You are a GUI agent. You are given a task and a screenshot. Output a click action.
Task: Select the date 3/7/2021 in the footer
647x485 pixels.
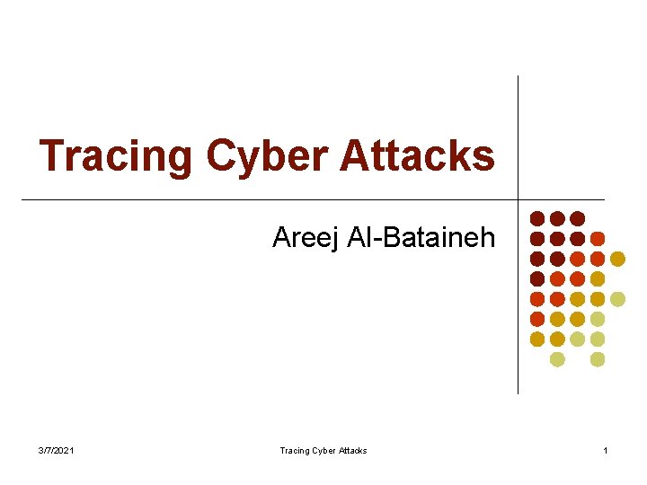(58, 450)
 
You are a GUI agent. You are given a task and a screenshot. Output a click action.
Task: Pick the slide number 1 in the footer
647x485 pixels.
(606, 450)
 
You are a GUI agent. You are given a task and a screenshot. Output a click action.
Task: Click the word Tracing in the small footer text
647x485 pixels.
(294, 450)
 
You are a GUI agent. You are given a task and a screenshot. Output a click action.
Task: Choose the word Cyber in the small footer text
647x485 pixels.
(322, 450)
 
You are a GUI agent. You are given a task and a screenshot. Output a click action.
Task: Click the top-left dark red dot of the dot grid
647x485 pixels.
(537, 218)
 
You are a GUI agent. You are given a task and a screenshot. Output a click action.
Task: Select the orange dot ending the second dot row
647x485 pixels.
(598, 239)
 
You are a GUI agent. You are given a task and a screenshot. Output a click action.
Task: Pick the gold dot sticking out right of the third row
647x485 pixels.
(617, 259)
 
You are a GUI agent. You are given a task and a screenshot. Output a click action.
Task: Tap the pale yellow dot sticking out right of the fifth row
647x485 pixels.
(617, 299)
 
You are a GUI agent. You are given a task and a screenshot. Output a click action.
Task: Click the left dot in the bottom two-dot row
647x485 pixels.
(557, 359)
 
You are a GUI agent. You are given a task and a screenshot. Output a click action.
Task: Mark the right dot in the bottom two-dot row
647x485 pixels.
(598, 359)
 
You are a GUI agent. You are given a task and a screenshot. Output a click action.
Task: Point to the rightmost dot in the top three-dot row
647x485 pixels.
(578, 218)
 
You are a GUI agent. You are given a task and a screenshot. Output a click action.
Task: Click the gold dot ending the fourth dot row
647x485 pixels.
(598, 279)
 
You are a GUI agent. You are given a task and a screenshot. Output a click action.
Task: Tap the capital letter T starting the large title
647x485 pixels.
(52, 155)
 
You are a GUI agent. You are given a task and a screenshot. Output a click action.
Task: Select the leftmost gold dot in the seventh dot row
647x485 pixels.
(537, 339)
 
